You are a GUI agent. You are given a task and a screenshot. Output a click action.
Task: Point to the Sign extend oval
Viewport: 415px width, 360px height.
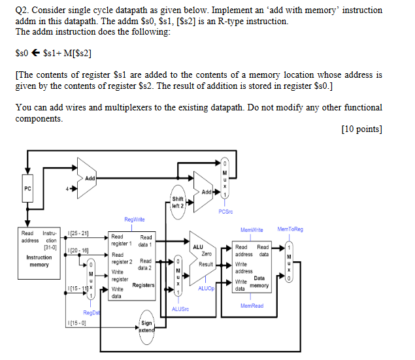point(146,326)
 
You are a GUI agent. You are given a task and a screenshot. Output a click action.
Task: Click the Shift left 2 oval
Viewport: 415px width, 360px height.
point(178,202)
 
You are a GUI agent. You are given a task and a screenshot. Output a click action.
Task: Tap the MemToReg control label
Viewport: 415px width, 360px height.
point(290,229)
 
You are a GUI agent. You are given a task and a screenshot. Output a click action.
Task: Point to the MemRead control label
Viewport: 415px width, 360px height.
point(252,306)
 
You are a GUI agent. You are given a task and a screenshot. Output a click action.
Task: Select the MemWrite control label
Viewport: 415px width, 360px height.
point(252,230)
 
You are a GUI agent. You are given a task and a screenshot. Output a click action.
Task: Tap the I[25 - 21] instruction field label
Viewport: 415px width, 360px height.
point(78,233)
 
